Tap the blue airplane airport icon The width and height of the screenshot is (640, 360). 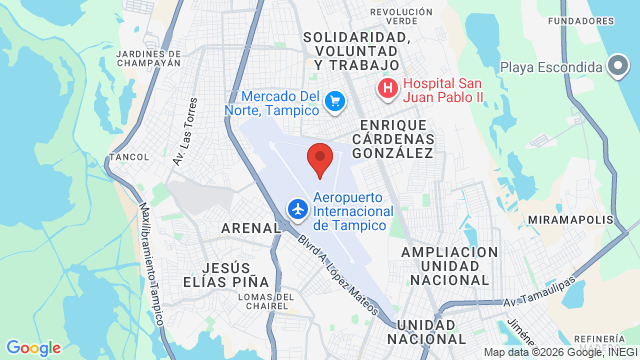pos(297,209)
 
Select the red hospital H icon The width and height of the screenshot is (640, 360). pos(387,89)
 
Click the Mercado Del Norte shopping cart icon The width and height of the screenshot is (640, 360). pos(335,100)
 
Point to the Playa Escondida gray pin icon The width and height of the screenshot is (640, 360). pos(620,66)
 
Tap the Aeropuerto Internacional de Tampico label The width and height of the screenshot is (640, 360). pos(350,210)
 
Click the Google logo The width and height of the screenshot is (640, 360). pos(33,347)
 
